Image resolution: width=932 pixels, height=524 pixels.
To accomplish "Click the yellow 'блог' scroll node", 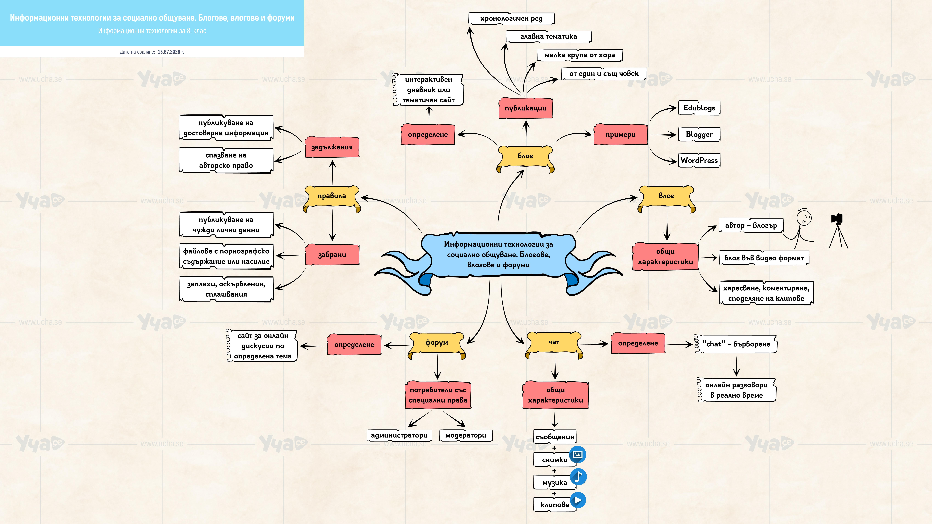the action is tap(525, 158).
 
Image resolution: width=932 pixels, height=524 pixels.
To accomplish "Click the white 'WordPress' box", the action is tap(699, 160).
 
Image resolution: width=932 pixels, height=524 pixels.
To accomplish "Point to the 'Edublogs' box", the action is tap(699, 108).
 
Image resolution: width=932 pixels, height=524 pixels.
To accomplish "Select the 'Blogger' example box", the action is tap(699, 134).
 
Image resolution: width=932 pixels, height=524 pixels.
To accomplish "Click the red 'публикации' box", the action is tap(526, 108).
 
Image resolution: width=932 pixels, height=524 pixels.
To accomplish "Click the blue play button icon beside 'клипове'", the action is tap(578, 500).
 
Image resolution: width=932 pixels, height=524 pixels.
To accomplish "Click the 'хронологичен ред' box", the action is tap(511, 18).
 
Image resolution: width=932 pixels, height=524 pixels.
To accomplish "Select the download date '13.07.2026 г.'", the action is tap(171, 52).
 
